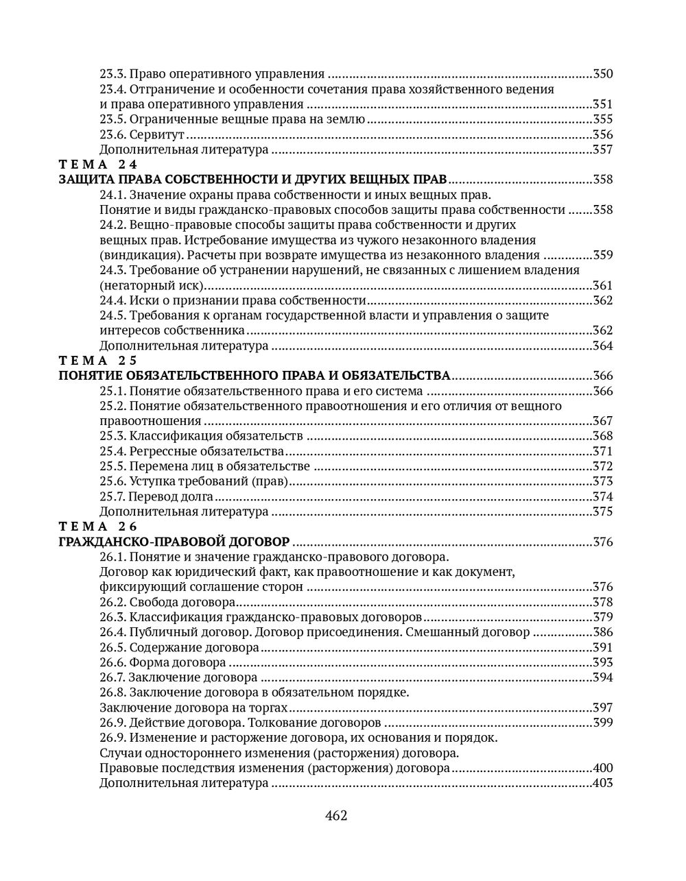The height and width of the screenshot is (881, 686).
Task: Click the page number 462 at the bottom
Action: pyautogui.click(x=336, y=816)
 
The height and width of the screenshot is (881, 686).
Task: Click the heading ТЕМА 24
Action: pyautogui.click(x=98, y=165)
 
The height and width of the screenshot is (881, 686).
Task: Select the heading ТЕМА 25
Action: pyautogui.click(x=98, y=361)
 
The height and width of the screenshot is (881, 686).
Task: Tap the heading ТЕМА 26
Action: pyautogui.click(x=98, y=527)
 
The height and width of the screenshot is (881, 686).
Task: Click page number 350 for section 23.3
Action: pyautogui.click(x=602, y=74)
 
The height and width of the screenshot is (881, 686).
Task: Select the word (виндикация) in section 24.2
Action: pyautogui.click(x=133, y=255)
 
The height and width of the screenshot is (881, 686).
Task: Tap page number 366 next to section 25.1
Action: pyautogui.click(x=602, y=391)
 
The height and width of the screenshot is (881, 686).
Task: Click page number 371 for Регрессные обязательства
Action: pyautogui.click(x=602, y=451)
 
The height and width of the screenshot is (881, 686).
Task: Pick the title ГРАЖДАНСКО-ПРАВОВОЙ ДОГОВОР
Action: pyautogui.click(x=174, y=542)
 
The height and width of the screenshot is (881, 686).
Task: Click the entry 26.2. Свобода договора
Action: pyautogui.click(x=167, y=602)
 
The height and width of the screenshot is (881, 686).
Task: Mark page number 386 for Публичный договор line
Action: pyautogui.click(x=602, y=632)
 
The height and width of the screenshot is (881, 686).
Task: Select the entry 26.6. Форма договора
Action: pyautogui.click(x=163, y=662)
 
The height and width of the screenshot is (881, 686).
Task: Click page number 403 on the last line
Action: pyautogui.click(x=602, y=783)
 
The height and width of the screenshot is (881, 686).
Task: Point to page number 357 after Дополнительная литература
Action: pyautogui.click(x=602, y=149)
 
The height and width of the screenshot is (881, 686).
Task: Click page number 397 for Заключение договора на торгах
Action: pyautogui.click(x=602, y=708)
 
